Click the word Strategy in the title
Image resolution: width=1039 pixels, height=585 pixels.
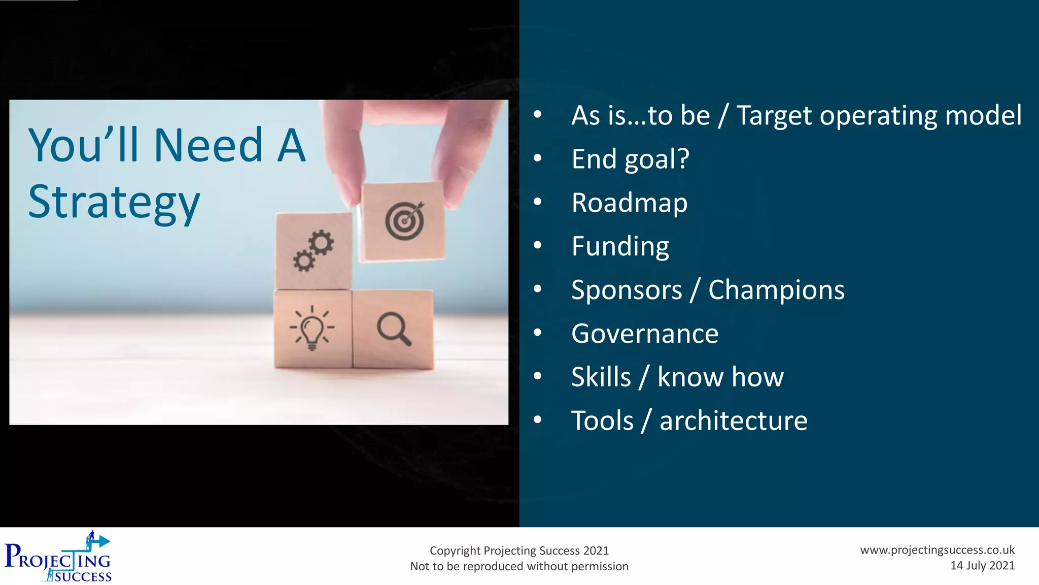[114, 203]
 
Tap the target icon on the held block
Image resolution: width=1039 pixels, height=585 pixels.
[404, 221]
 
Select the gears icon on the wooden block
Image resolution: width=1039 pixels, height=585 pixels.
[314, 251]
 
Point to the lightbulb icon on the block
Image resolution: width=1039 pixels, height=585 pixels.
[312, 328]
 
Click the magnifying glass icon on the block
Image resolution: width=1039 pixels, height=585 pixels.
[394, 329]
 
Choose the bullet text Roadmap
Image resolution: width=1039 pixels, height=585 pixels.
[629, 203]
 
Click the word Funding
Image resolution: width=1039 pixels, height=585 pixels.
[620, 246]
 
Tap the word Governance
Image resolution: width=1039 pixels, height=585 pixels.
[644, 334]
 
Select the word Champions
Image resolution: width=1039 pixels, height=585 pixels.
[776, 290]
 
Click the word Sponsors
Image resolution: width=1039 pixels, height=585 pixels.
[626, 290]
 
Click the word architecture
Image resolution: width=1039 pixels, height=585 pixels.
[733, 420]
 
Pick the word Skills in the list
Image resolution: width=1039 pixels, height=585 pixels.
[601, 377]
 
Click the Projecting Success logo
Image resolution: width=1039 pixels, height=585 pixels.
[58, 558]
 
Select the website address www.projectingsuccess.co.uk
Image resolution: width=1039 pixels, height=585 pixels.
[937, 550]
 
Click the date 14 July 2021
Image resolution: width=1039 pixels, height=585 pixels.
[982, 566]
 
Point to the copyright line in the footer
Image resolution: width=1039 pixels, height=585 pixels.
[519, 550]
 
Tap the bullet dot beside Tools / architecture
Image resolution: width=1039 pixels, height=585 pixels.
[538, 420]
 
